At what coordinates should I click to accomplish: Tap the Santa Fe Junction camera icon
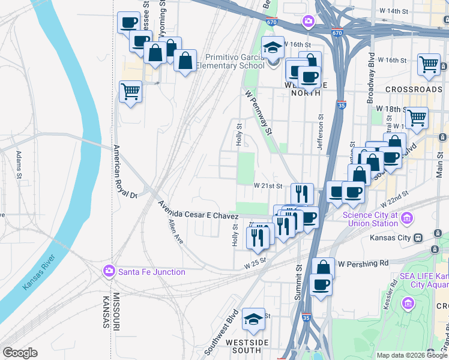pos(109,271)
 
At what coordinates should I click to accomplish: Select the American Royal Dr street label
pos(125,172)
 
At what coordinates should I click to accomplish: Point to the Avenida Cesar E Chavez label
pos(198,215)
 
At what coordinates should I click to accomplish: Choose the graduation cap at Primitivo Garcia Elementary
pos(273,47)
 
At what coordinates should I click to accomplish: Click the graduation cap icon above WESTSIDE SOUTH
pos(253,320)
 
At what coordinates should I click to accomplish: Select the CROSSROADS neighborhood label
pos(414,89)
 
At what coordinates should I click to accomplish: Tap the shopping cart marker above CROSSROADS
pos(429,64)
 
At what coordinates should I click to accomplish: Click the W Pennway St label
pos(259,112)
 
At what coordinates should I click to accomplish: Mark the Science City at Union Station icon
pos(408,217)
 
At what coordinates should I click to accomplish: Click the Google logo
pos(20,353)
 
